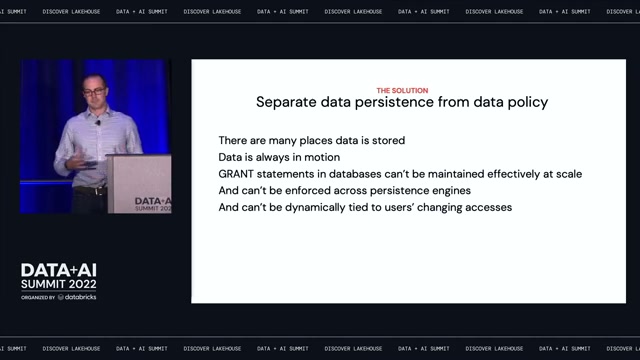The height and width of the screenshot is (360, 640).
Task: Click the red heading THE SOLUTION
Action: coord(402,91)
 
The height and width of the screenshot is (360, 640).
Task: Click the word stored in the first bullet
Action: coord(388,140)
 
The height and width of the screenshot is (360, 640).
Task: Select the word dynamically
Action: coord(315,208)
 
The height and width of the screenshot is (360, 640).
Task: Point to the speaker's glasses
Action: coord(94,92)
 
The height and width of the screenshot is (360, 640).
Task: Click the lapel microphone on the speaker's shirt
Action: coord(98,122)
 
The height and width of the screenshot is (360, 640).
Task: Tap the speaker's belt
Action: coord(91,190)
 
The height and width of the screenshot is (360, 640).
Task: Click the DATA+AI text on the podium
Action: coord(153,201)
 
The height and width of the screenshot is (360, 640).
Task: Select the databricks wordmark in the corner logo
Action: coord(80,297)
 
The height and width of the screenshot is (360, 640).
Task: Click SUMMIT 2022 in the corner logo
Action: coord(59,284)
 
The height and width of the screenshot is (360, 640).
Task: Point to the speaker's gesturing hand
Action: coord(76,162)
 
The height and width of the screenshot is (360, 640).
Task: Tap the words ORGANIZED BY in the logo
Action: coord(38,298)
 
